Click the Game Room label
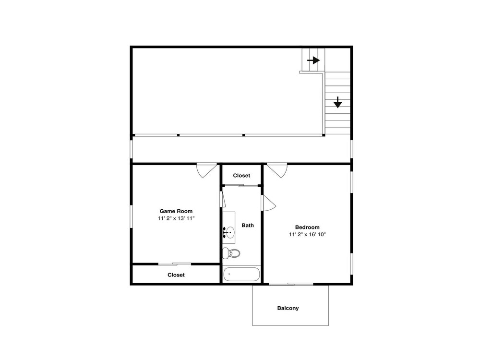pyautogui.click(x=176, y=211)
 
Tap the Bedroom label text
pyautogui.click(x=307, y=227)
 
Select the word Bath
pyautogui.click(x=248, y=225)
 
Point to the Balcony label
pyautogui.click(x=288, y=308)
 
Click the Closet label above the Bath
pyautogui.click(x=241, y=175)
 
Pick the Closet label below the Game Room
pyautogui.click(x=176, y=275)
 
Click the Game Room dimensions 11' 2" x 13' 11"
pyautogui.click(x=176, y=218)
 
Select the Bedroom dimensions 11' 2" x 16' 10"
pyautogui.click(x=307, y=235)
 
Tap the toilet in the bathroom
pyautogui.click(x=231, y=253)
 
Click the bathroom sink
pyautogui.click(x=229, y=232)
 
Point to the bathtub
pyautogui.click(x=241, y=274)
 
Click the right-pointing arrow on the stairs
pyautogui.click(x=313, y=60)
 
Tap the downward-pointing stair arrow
pyautogui.click(x=337, y=102)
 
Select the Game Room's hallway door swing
pyautogui.click(x=207, y=171)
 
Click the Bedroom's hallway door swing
pyautogui.click(x=277, y=171)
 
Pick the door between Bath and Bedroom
pyautogui.click(x=268, y=203)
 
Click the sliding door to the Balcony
pyautogui.click(x=291, y=284)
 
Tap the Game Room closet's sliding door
pyautogui.click(x=175, y=264)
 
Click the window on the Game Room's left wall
pyautogui.click(x=132, y=216)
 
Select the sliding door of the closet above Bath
pyautogui.click(x=241, y=185)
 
